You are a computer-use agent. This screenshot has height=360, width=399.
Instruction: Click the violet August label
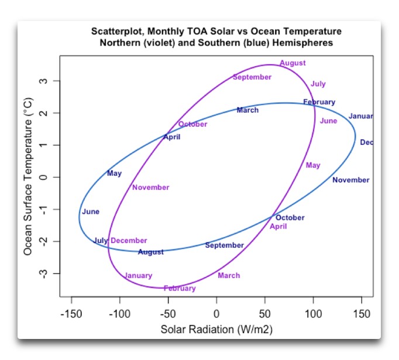[292, 63]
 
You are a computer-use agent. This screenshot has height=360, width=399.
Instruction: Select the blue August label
[151, 252]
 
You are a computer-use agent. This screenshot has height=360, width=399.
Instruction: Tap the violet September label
[252, 77]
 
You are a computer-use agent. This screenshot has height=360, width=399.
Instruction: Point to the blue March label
[247, 110]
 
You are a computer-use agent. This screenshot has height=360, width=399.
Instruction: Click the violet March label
[229, 275]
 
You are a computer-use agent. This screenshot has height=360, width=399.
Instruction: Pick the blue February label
[319, 102]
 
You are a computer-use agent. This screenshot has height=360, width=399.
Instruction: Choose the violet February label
[180, 288]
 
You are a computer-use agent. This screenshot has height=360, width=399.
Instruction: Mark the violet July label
[318, 84]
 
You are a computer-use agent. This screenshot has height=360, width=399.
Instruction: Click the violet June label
[328, 121]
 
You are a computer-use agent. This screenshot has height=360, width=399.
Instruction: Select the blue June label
[91, 212]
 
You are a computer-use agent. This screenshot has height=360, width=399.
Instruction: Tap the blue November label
[351, 180]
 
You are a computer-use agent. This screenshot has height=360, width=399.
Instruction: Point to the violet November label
[150, 188]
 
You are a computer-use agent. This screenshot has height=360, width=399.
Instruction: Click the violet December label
[129, 240]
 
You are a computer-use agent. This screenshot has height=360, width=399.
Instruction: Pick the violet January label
[138, 275]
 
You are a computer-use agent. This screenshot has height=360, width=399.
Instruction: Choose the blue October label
[290, 218]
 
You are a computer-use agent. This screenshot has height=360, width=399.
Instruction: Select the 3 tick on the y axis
[43, 81]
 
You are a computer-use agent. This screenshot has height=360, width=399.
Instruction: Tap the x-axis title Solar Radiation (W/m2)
[216, 330]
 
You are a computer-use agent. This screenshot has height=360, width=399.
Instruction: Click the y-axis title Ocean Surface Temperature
[28, 175]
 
